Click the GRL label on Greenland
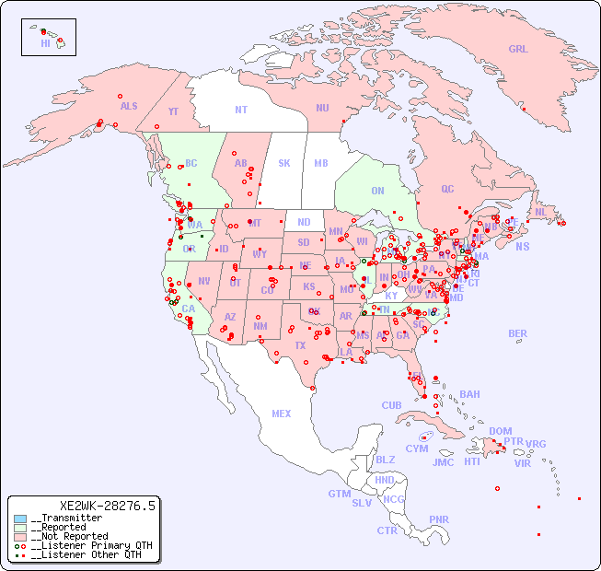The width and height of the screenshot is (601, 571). coord(518,50)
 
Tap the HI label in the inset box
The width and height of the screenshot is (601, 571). coord(45,43)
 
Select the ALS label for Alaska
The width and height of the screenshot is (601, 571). coord(129,106)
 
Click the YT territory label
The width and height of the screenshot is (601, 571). coord(173,111)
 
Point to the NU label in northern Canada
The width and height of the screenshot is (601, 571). coord(322,108)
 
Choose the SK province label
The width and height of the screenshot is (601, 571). coord(284,163)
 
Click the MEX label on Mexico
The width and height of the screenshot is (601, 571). coord(282,414)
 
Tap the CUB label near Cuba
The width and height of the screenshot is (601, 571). coord(391,405)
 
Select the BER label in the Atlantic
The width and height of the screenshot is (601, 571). coord(518,333)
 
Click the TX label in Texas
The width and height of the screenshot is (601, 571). coord(299,345)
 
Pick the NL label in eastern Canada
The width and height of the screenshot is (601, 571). coord(541,211)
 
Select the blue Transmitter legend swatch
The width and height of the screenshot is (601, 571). coord(20,519)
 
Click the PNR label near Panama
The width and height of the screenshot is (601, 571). coord(439,519)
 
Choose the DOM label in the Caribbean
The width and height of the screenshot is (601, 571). coord(500,431)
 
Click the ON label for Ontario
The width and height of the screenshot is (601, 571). coord(377,191)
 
